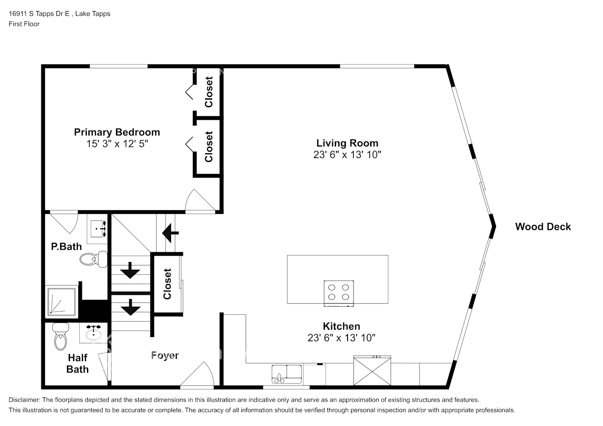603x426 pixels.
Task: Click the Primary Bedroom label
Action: pyautogui.click(x=117, y=132)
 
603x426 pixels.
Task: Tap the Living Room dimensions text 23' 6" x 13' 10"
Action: pyautogui.click(x=347, y=155)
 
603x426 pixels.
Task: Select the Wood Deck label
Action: pyautogui.click(x=542, y=227)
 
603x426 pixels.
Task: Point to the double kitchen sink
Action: pyautogui.click(x=287, y=372)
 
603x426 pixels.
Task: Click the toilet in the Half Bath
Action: pyautogui.click(x=61, y=337)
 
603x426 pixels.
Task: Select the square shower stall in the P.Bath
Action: pyautogui.click(x=62, y=302)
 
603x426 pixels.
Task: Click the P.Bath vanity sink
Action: pyautogui.click(x=99, y=229)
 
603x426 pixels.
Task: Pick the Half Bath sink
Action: pyautogui.click(x=93, y=333)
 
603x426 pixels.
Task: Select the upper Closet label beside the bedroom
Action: pyautogui.click(x=209, y=92)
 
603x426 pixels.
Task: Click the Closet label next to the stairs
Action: pyautogui.click(x=167, y=284)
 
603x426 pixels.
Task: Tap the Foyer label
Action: pyautogui.click(x=165, y=355)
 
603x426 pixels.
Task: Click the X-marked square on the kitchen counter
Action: pyautogui.click(x=372, y=371)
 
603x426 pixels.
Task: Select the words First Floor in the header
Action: pyautogui.click(x=24, y=24)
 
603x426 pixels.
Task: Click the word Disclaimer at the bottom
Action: pyautogui.click(x=24, y=400)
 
